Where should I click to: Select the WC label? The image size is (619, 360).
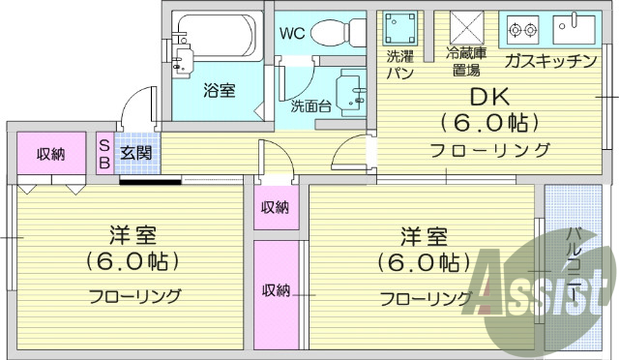(x=291, y=33)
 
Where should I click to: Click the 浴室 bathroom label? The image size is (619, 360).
(x=219, y=91)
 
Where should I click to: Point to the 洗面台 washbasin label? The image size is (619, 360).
(x=310, y=105)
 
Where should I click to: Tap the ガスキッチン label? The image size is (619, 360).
(x=549, y=62)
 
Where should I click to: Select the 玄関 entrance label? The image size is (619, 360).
(x=135, y=152)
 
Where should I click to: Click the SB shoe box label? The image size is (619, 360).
(x=104, y=153)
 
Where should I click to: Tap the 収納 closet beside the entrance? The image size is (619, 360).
(x=51, y=154)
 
